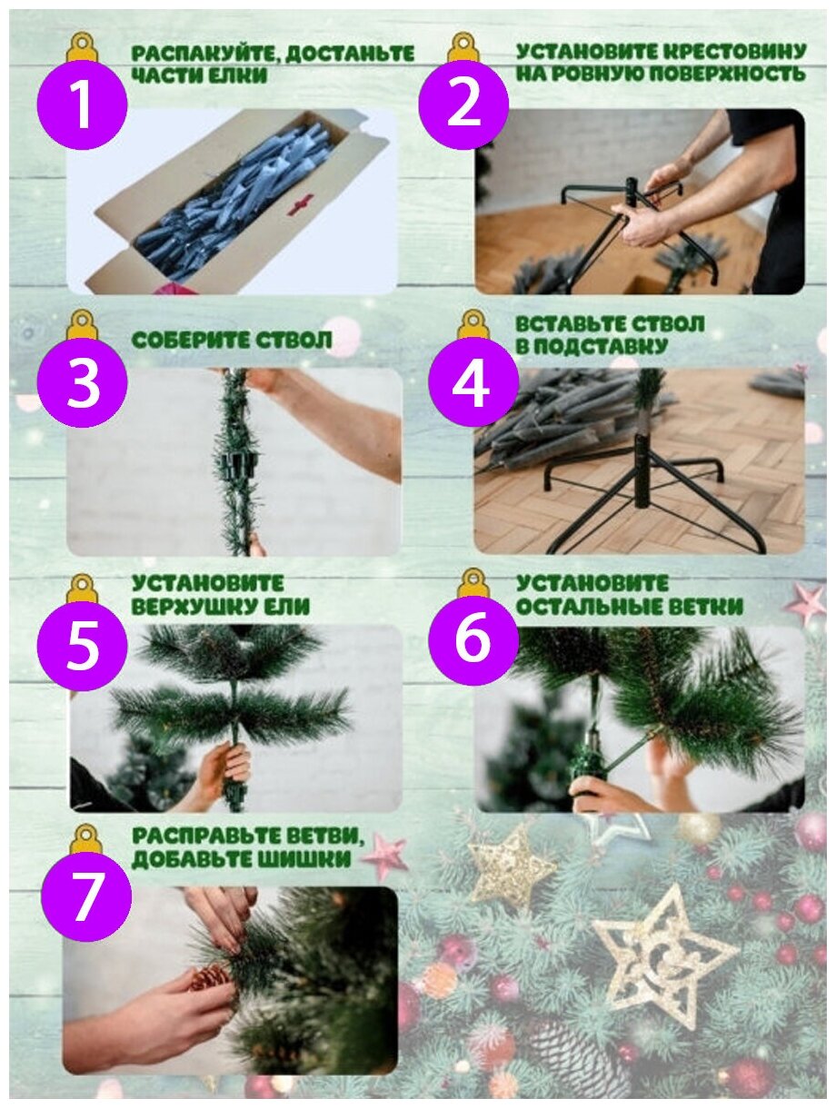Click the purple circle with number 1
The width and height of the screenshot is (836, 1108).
point(82,105)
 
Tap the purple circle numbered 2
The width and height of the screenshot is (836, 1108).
point(463,105)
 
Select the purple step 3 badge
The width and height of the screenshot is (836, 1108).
point(82,382)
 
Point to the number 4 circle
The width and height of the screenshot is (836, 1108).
point(473,382)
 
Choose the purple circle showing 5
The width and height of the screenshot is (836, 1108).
point(82,646)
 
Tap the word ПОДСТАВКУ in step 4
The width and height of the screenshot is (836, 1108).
point(601,346)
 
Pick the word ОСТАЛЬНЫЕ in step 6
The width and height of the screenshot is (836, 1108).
point(590,607)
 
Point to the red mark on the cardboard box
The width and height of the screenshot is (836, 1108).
point(300,205)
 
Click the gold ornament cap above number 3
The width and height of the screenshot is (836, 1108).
point(83,324)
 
